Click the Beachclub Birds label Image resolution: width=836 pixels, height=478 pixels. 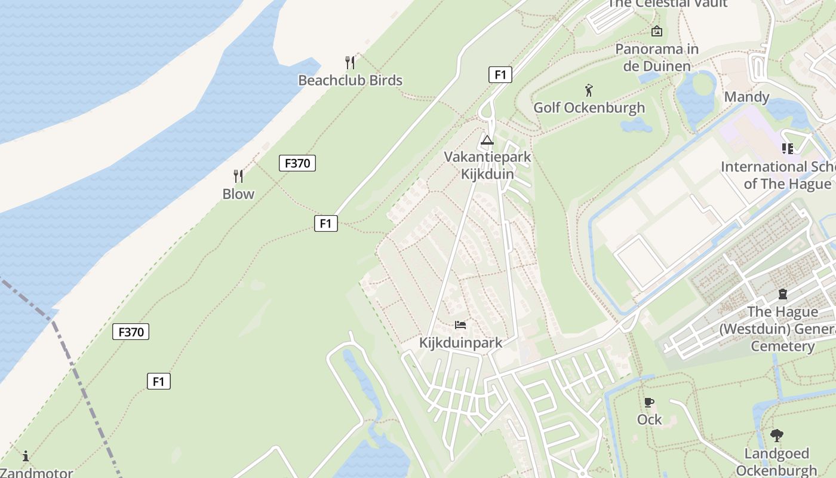[350, 80]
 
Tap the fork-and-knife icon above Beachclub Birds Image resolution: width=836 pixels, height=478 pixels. [350, 62]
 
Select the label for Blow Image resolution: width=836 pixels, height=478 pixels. [238, 194]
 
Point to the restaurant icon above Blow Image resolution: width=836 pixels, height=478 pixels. [238, 176]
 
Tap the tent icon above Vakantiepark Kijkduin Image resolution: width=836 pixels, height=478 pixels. [487, 140]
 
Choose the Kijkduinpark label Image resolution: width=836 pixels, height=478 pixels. [460, 343]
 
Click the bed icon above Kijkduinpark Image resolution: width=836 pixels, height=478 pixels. [460, 325]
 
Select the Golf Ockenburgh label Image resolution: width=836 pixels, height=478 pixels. [589, 108]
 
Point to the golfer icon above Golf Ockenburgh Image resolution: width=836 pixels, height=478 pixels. [589, 90]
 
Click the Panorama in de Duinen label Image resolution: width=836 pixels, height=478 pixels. [657, 57]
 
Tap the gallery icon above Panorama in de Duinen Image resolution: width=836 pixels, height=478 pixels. [657, 31]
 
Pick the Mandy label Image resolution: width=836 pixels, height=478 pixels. [746, 97]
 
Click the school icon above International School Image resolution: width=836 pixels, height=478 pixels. [787, 148]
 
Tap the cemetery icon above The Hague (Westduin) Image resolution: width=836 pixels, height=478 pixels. [782, 294]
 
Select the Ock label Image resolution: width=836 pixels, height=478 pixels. [649, 419]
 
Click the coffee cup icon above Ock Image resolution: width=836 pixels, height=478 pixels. [649, 402]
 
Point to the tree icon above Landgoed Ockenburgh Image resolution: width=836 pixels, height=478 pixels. [776, 436]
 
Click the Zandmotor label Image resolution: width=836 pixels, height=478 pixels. [36, 473]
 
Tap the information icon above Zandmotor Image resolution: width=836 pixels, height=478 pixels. [26, 456]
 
